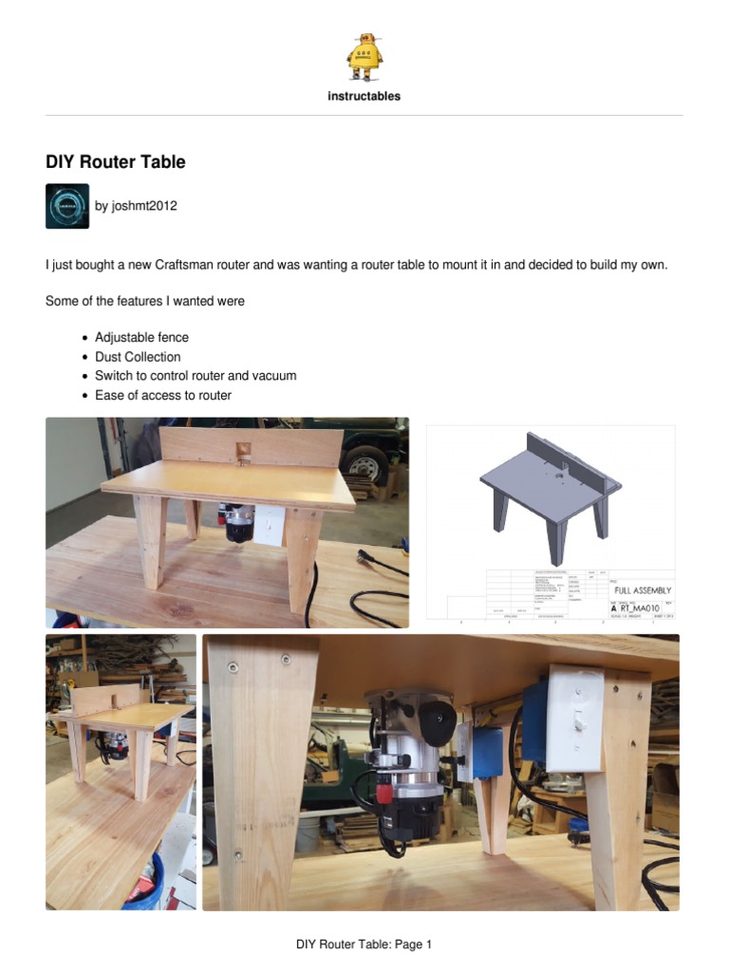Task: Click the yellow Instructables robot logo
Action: pyautogui.click(x=364, y=56)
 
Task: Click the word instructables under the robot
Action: pyautogui.click(x=364, y=96)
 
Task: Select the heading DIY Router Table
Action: pyautogui.click(x=116, y=162)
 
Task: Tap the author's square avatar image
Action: pyautogui.click(x=67, y=206)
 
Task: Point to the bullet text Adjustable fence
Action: pyautogui.click(x=141, y=337)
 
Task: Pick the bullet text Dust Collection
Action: pyautogui.click(x=138, y=357)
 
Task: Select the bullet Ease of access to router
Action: pyautogui.click(x=163, y=395)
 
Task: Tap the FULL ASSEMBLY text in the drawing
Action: pyautogui.click(x=643, y=590)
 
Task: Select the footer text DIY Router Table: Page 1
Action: pyautogui.click(x=364, y=944)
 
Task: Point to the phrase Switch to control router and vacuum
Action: pyautogui.click(x=196, y=376)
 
